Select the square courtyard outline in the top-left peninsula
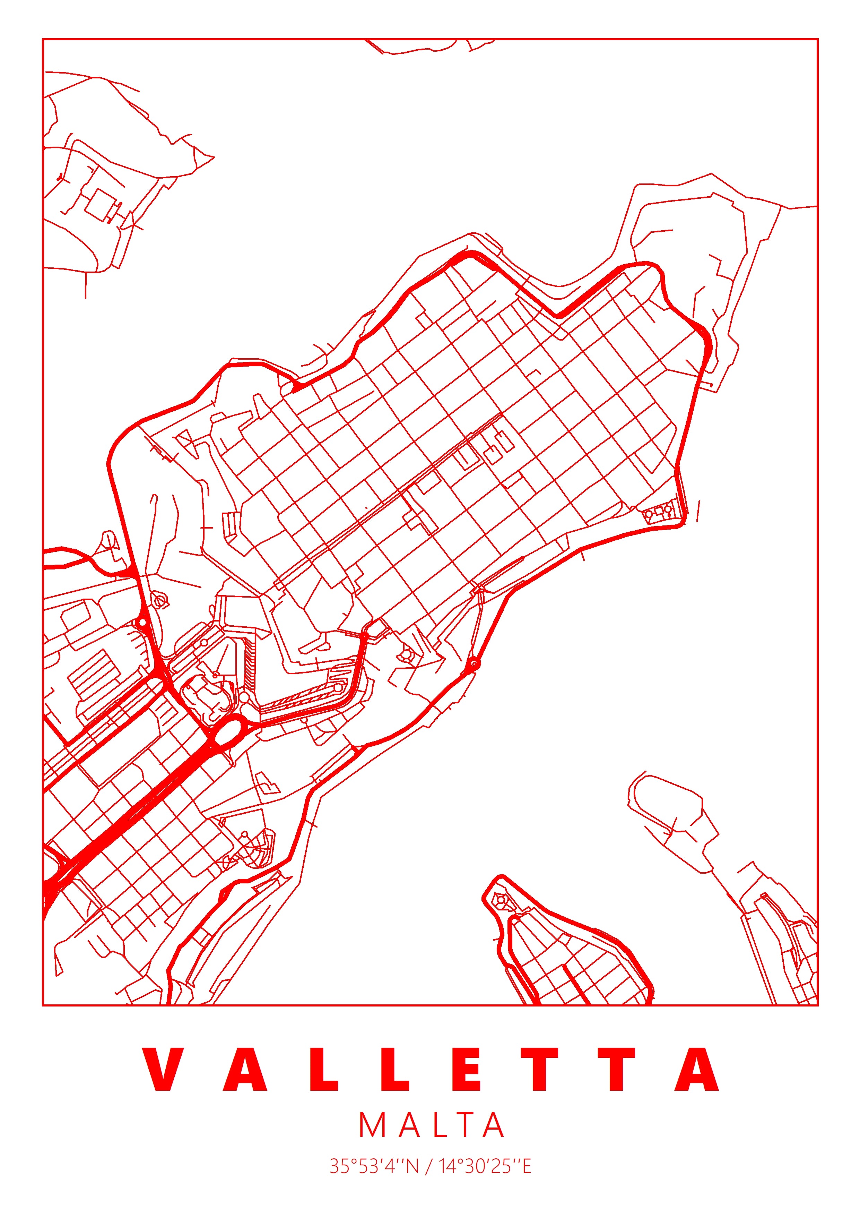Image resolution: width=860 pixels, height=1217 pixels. pyautogui.click(x=99, y=204)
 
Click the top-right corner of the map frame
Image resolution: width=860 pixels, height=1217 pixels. pyautogui.click(x=818, y=39)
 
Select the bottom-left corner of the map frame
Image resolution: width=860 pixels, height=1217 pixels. pyautogui.click(x=43, y=1004)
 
